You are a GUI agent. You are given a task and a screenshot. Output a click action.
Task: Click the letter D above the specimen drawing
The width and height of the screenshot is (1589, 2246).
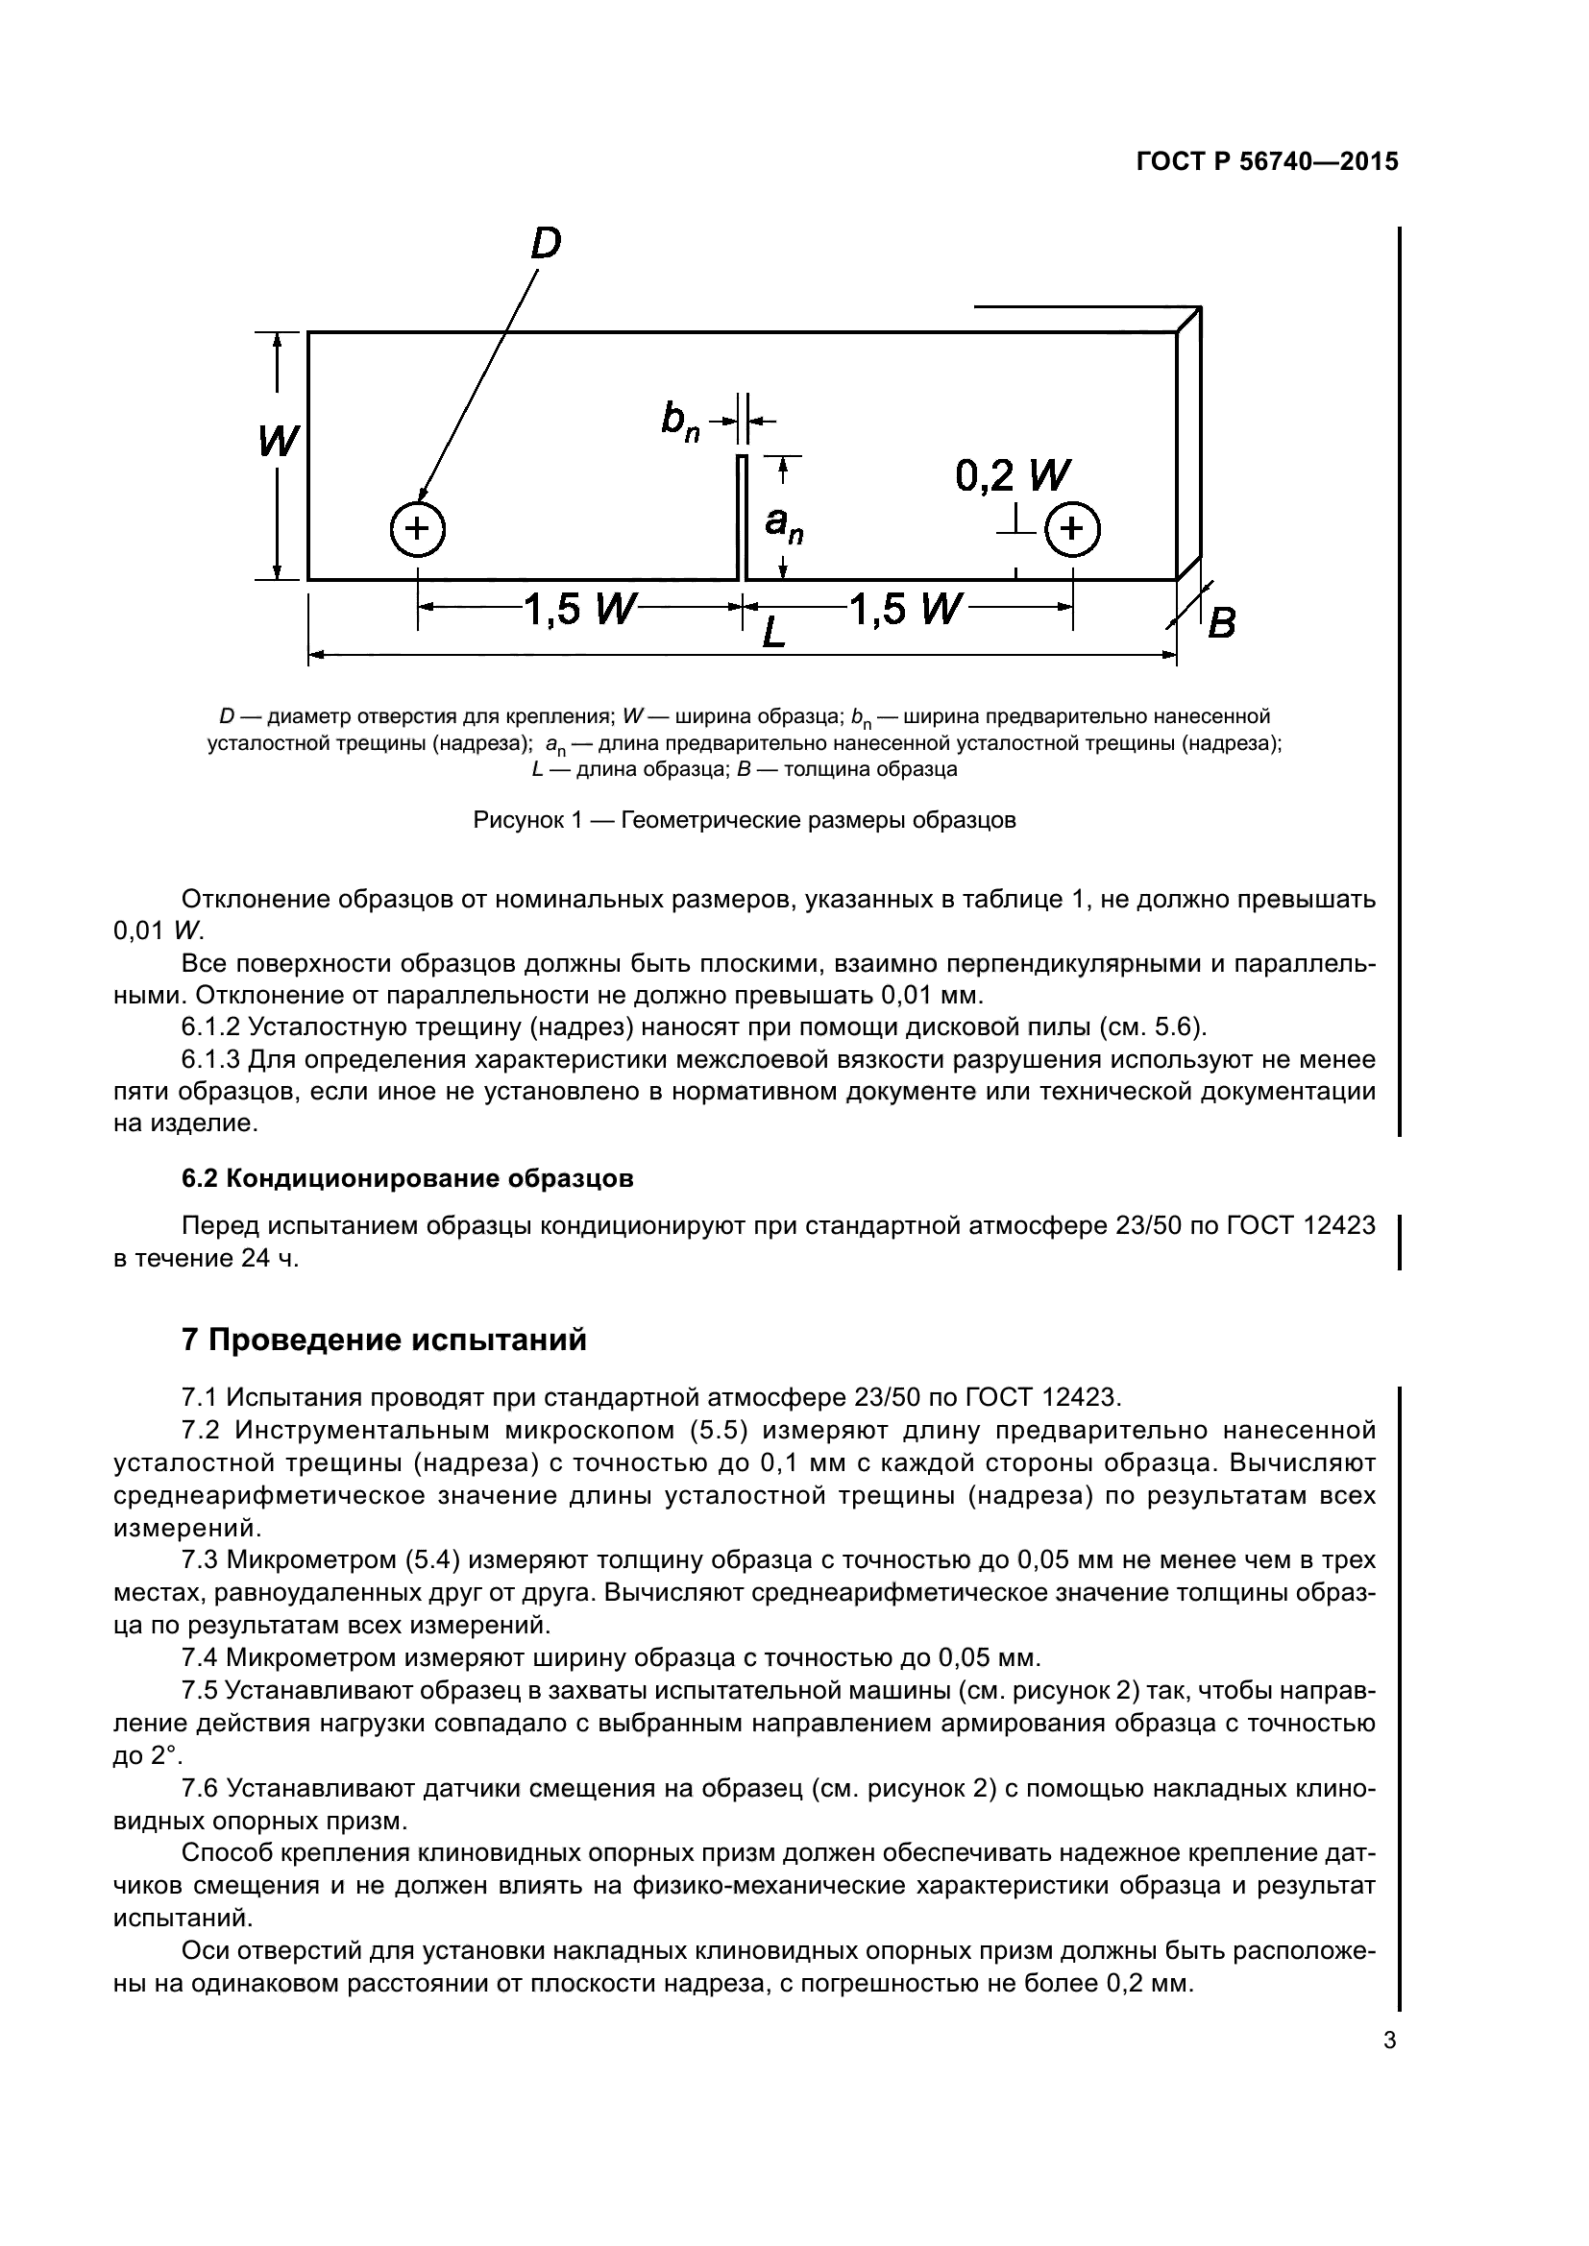click(x=546, y=243)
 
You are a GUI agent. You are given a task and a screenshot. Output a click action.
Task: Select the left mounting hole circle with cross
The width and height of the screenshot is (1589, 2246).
click(x=418, y=529)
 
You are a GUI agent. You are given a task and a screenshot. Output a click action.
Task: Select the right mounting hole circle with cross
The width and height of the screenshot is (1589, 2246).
click(x=1072, y=529)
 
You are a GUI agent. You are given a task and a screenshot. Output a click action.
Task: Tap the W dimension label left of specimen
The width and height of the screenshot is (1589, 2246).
click(x=279, y=441)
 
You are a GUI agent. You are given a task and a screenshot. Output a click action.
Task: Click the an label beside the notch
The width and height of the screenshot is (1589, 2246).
click(x=784, y=525)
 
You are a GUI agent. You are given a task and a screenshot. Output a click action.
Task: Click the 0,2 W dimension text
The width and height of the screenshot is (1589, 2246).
click(x=1013, y=476)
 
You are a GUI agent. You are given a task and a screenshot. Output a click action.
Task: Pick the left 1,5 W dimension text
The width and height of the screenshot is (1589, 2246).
click(x=580, y=610)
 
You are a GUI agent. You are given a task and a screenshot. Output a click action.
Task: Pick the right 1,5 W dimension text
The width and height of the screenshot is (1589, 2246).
click(x=905, y=610)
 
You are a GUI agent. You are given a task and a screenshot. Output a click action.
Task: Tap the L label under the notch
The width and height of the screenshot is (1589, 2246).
click(x=773, y=634)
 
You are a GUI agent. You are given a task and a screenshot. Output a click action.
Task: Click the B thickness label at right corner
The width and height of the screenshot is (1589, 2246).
click(x=1221, y=623)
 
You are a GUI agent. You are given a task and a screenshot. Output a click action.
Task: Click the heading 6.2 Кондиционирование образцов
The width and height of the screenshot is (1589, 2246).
click(x=407, y=1179)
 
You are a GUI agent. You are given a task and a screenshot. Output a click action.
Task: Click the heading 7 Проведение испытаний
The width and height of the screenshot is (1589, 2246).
click(x=383, y=1340)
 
